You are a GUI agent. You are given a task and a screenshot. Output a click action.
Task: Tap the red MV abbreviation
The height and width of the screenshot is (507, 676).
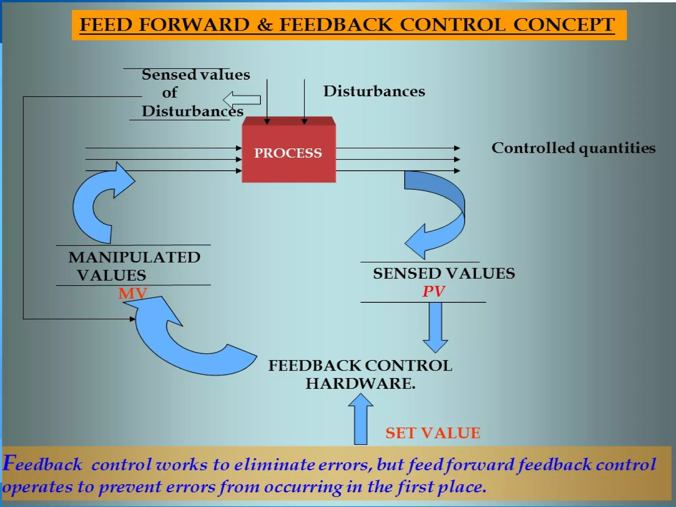(x=133, y=293)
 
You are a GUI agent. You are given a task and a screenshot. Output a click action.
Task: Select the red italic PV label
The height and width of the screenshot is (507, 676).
(x=434, y=291)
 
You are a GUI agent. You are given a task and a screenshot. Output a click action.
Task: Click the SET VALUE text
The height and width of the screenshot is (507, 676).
(x=433, y=433)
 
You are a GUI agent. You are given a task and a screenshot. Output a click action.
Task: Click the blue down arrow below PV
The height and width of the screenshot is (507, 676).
(x=435, y=327)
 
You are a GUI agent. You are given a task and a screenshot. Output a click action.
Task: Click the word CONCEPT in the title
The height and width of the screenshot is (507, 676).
(x=564, y=25)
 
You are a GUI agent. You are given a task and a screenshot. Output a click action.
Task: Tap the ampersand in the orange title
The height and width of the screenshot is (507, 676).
(x=264, y=25)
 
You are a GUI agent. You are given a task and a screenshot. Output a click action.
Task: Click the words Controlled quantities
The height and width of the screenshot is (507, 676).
(x=573, y=148)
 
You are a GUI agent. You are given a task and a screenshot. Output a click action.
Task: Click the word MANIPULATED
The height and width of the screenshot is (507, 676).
(x=134, y=257)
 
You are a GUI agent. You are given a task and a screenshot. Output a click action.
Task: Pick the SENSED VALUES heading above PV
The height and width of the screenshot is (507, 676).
(x=444, y=273)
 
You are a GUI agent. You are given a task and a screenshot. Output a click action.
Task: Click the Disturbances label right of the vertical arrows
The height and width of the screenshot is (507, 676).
(x=374, y=91)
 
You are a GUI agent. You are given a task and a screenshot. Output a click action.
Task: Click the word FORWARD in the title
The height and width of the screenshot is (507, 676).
(x=194, y=25)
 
